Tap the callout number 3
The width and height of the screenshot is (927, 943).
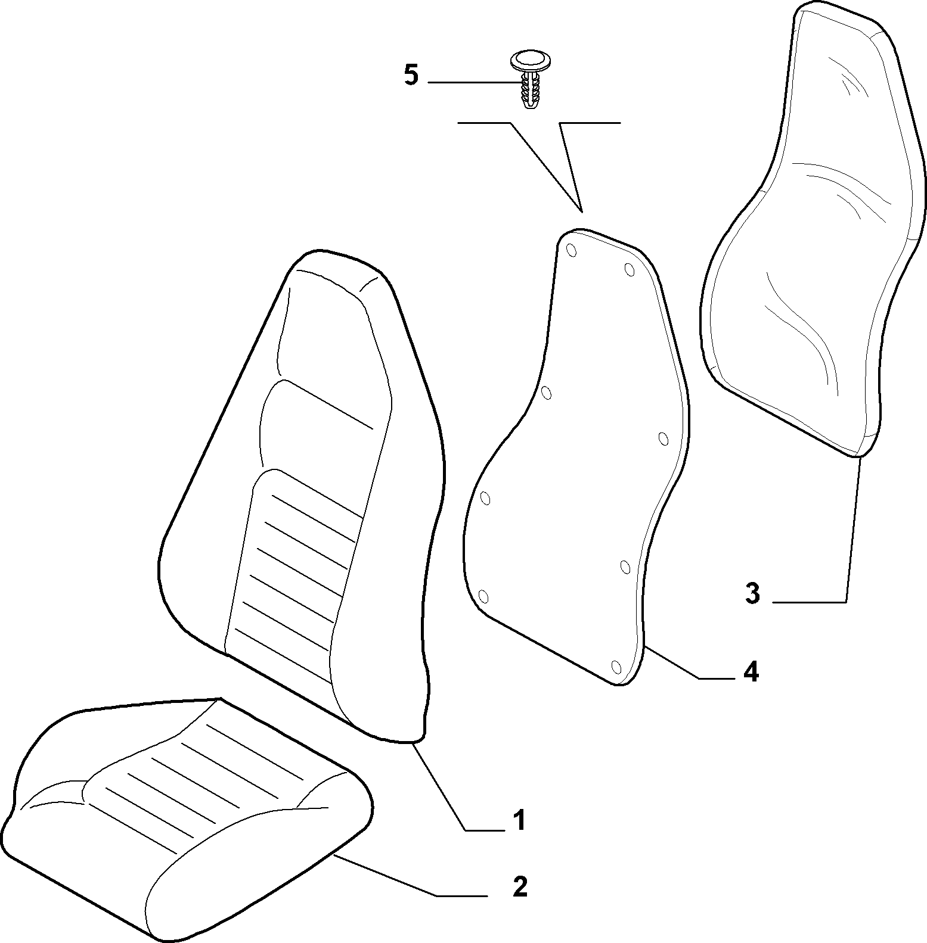pyautogui.click(x=752, y=594)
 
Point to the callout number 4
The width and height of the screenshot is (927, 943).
pyautogui.click(x=751, y=672)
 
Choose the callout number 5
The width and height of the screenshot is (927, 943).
pyautogui.click(x=411, y=76)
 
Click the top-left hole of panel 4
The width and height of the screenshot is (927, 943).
pyautogui.click(x=571, y=250)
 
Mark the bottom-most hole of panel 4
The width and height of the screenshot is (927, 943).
pyautogui.click(x=617, y=665)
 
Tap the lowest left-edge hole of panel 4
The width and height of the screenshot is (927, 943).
pyautogui.click(x=483, y=596)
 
